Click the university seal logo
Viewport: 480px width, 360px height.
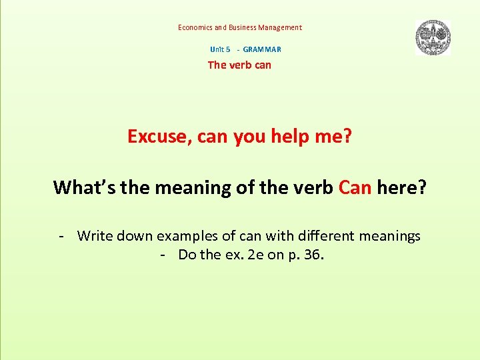433,37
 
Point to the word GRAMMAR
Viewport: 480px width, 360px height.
262,49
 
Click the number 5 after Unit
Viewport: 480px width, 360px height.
228,49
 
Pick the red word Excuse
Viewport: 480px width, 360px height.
159,137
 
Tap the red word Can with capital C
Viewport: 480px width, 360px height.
355,187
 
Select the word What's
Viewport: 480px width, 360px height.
83,187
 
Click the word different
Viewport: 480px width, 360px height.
329,236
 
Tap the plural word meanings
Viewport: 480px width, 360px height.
391,236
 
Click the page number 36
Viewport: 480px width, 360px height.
313,255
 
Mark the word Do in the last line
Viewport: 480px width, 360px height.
187,255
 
